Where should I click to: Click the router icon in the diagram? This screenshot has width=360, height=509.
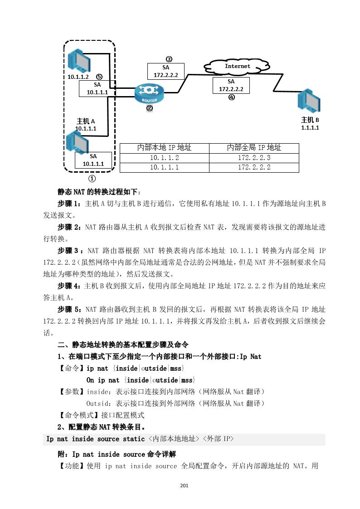(149, 93)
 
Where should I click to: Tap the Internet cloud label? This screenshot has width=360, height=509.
(238, 66)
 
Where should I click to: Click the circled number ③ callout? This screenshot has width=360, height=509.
(169, 59)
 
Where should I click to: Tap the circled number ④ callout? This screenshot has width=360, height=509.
(231, 97)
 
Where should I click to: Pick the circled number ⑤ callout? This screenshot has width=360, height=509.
(99, 77)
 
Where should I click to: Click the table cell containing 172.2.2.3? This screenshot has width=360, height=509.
(254, 158)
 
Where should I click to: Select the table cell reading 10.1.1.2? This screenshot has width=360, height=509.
(164, 158)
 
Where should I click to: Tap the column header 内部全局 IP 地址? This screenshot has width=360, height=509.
(254, 148)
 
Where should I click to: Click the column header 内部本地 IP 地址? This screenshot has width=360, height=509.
(164, 148)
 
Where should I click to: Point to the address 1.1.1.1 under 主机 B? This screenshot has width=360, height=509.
(310, 128)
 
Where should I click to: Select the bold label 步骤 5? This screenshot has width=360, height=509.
(69, 310)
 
